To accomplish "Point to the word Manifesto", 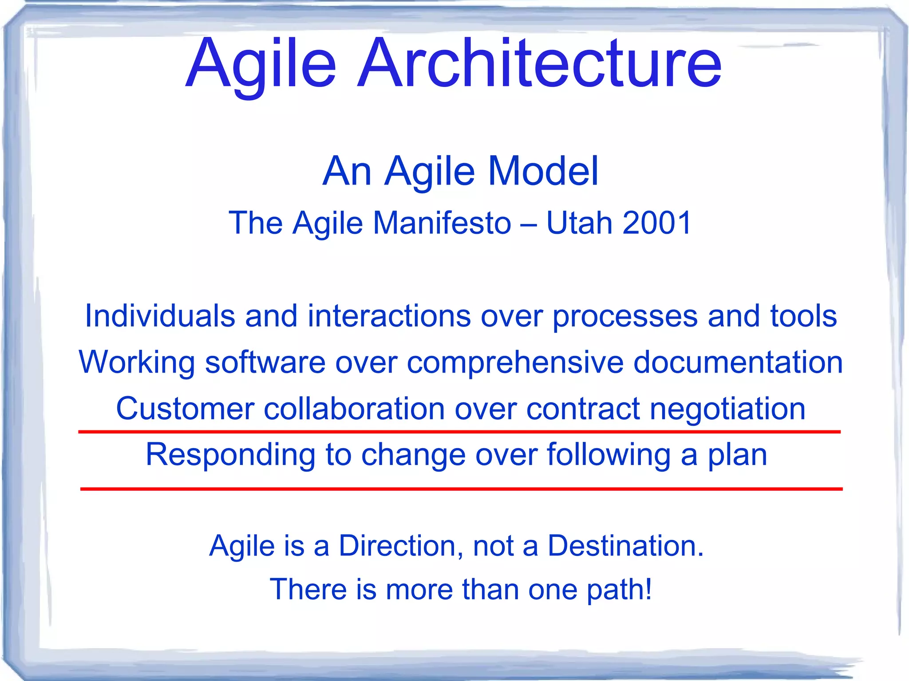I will [442, 223].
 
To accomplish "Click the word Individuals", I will [160, 316].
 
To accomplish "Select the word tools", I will [803, 316].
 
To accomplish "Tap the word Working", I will [137, 362].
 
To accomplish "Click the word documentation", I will [738, 362].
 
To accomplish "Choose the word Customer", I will [185, 409].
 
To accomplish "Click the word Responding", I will [230, 456].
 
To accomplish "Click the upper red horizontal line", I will [459, 431].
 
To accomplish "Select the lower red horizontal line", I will [461, 489].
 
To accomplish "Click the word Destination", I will [625, 545].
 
